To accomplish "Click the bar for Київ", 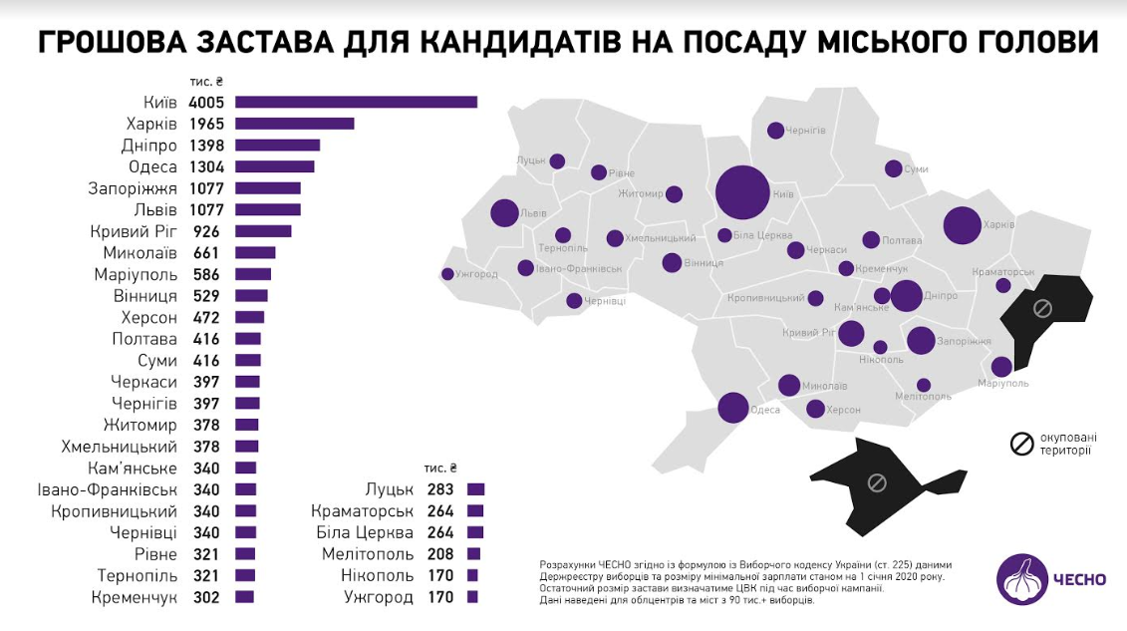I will pyautogui.click(x=356, y=102).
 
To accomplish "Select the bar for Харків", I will pyautogui.click(x=294, y=124).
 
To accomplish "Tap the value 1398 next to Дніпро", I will pyautogui.click(x=207, y=146).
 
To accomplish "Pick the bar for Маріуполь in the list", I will pyautogui.click(x=253, y=274).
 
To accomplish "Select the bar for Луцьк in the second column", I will pyautogui.click(x=475, y=489).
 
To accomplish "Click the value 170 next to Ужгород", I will pyautogui.click(x=438, y=597).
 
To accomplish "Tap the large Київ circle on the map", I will pyautogui.click(x=742, y=192).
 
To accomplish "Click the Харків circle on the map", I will pyautogui.click(x=963, y=225).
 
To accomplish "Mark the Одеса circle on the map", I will pyautogui.click(x=733, y=408).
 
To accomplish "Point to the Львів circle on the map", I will pyautogui.click(x=505, y=213).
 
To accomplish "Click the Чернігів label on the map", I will pyautogui.click(x=806, y=131).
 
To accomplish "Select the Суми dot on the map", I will pyautogui.click(x=893, y=169).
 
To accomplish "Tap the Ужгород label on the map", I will pyautogui.click(x=477, y=275).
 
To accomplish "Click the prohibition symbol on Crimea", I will pyautogui.click(x=877, y=483).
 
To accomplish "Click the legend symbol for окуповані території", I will pyautogui.click(x=1021, y=444).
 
